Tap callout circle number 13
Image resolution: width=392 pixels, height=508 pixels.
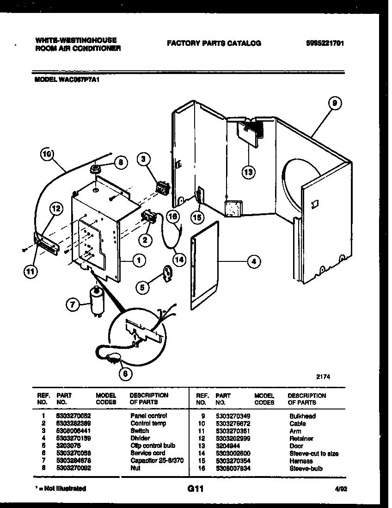pos(248,172)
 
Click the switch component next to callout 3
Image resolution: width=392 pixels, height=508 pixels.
pos(162,187)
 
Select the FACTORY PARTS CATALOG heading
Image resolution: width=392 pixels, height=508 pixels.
pos(214,43)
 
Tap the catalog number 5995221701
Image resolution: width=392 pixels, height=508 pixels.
pos(325,43)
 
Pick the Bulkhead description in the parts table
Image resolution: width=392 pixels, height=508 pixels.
pos(302,416)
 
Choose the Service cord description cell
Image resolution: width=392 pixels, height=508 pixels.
pos(147,453)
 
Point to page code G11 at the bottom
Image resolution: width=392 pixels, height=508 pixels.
pos(196,488)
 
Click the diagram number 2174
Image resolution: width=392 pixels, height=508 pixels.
pos(323,377)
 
